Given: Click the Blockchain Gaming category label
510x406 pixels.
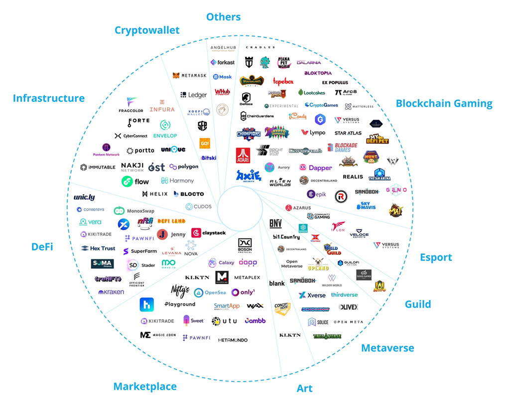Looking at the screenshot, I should tap(444, 104).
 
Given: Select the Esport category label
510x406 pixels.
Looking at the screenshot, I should tap(436, 257).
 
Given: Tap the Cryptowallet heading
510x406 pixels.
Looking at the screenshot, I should tap(147, 30).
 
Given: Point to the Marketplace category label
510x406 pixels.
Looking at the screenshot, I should tap(145, 386).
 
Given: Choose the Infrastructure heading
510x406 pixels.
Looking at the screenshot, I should tap(49, 98).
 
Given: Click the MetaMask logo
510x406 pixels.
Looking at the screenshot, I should tap(189, 76).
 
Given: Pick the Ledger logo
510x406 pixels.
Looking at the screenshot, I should tap(194, 95).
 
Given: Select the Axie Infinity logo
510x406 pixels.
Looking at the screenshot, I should tap(249, 176).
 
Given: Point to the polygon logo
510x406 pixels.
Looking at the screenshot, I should tap(184, 167).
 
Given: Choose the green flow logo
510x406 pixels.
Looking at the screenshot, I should tap(135, 182).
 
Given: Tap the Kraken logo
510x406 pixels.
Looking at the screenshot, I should tap(111, 292).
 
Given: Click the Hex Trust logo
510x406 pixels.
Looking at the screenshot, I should tap(98, 248).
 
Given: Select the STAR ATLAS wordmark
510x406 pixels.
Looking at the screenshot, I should tap(348, 133).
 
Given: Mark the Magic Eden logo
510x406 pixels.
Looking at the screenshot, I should tap(158, 335).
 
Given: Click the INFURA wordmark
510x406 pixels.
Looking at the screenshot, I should tap(162, 109).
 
